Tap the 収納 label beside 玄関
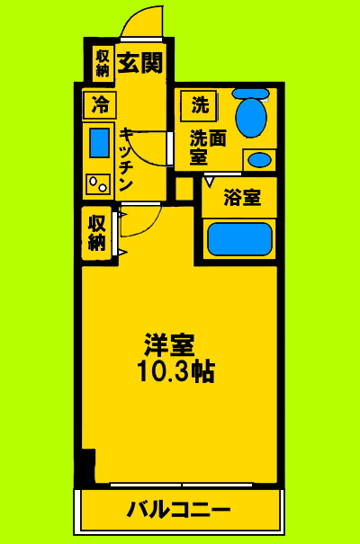[101, 63]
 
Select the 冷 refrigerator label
[99, 104]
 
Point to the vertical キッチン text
[127, 156]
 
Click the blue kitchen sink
[98, 144]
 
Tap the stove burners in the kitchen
[96, 183]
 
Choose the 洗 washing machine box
[199, 104]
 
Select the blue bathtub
[239, 239]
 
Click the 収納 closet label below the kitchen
[97, 232]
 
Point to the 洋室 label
[169, 344]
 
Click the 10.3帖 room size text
[175, 371]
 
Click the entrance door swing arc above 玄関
[143, 22]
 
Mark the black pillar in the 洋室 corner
[86, 468]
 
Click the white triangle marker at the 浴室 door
[210, 181]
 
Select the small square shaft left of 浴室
[184, 189]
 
